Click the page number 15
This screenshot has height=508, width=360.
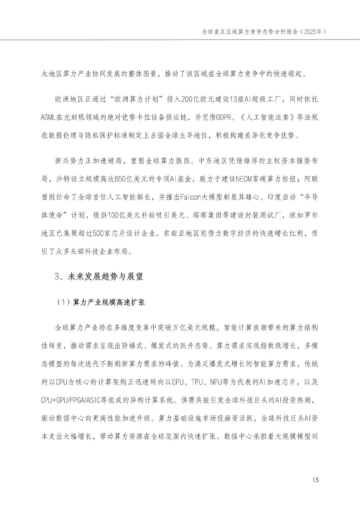(x=316, y=480)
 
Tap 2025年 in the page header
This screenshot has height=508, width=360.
(x=312, y=32)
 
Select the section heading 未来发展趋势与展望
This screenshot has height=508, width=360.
(x=105, y=276)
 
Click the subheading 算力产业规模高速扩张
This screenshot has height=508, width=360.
(x=109, y=303)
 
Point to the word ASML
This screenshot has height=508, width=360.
(x=49, y=117)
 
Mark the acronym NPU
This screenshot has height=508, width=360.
(x=217, y=382)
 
